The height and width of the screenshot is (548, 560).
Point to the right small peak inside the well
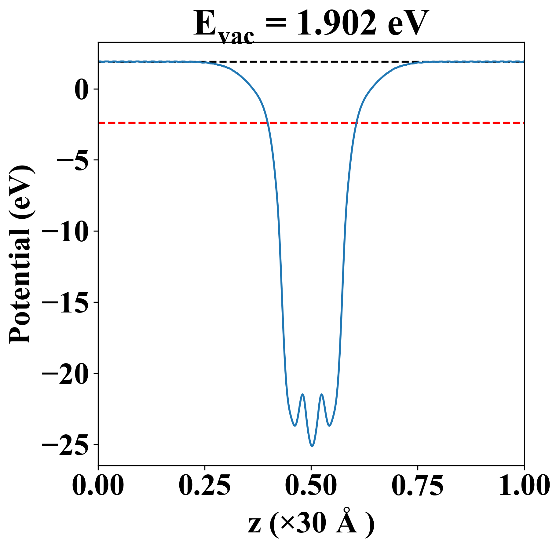322,394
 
